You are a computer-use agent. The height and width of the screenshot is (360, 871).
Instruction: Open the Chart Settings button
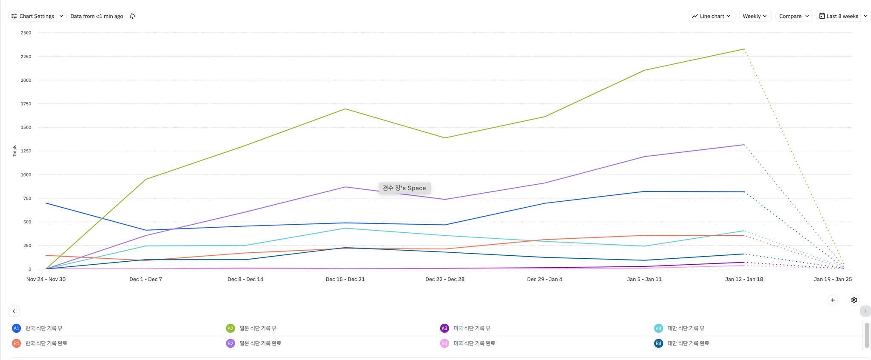33,16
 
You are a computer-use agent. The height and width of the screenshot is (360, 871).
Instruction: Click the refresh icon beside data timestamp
132,16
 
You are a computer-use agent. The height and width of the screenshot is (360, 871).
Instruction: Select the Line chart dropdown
711,16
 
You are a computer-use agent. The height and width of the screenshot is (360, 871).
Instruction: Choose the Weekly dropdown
755,16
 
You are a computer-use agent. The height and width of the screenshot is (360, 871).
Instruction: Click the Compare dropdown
794,16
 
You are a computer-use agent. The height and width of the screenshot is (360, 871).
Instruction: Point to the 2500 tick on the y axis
26,33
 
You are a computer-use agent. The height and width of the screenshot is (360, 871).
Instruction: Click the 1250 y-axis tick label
26,151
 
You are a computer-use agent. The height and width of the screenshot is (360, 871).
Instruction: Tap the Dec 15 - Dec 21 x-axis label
345,279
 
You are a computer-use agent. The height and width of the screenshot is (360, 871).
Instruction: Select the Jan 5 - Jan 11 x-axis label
644,279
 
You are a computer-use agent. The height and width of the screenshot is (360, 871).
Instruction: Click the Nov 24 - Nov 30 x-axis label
46,279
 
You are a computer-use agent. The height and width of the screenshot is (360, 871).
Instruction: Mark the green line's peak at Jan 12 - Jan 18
744,49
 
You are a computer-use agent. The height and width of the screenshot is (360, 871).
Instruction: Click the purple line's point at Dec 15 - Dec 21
345,187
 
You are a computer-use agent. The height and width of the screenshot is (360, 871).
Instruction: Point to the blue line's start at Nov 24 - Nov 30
46,203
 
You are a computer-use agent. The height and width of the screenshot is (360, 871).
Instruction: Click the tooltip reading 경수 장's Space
404,188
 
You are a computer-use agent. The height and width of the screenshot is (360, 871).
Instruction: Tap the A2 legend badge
231,328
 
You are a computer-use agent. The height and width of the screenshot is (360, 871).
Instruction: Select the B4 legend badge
658,343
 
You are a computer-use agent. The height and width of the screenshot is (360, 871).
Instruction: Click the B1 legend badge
17,343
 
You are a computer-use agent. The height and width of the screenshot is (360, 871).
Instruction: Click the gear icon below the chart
854,300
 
